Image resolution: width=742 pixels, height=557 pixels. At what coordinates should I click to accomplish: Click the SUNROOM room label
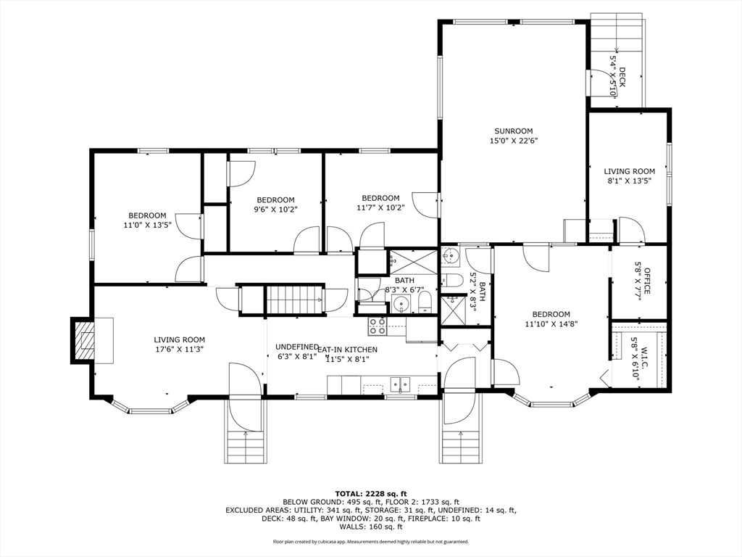tap(514, 131)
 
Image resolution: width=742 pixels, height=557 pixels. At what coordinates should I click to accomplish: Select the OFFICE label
tap(647, 281)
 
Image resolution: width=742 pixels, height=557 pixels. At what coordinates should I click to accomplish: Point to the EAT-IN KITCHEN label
tap(347, 350)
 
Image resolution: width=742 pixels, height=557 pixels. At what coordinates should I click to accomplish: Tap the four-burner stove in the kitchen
tap(377, 327)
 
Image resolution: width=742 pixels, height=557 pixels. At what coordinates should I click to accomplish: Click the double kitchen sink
tap(400, 384)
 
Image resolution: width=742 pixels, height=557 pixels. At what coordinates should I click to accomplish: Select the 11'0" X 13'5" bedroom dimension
tap(147, 226)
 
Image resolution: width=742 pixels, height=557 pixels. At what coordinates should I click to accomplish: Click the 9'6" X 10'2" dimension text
tap(276, 210)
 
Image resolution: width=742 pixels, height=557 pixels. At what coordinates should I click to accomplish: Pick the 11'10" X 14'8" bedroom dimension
tap(551, 324)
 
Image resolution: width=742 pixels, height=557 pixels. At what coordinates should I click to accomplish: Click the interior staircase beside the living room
tap(294, 299)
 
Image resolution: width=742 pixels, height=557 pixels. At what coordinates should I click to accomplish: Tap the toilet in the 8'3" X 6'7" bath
tap(425, 302)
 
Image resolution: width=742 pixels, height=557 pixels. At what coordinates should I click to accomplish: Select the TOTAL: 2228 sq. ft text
tap(371, 493)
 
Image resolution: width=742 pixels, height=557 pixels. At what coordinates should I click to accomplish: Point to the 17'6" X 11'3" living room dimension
tap(180, 350)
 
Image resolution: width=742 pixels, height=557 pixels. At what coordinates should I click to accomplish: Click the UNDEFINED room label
tap(297, 347)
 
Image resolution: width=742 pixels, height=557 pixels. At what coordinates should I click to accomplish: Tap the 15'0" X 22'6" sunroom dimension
tap(514, 141)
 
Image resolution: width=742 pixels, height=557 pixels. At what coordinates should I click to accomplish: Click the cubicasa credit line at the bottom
tap(371, 541)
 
